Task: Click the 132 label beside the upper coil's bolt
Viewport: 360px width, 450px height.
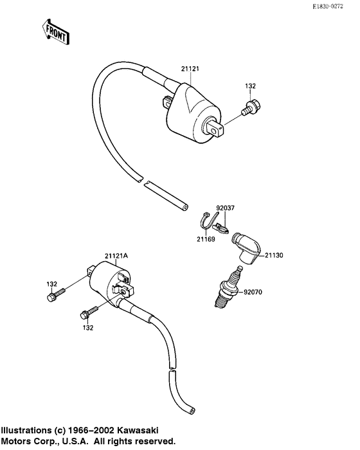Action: tap(251, 85)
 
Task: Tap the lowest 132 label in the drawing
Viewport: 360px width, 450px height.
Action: tap(87, 327)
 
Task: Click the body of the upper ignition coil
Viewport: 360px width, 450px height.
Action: tap(190, 109)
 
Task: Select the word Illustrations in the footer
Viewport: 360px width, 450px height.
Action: tap(26, 430)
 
